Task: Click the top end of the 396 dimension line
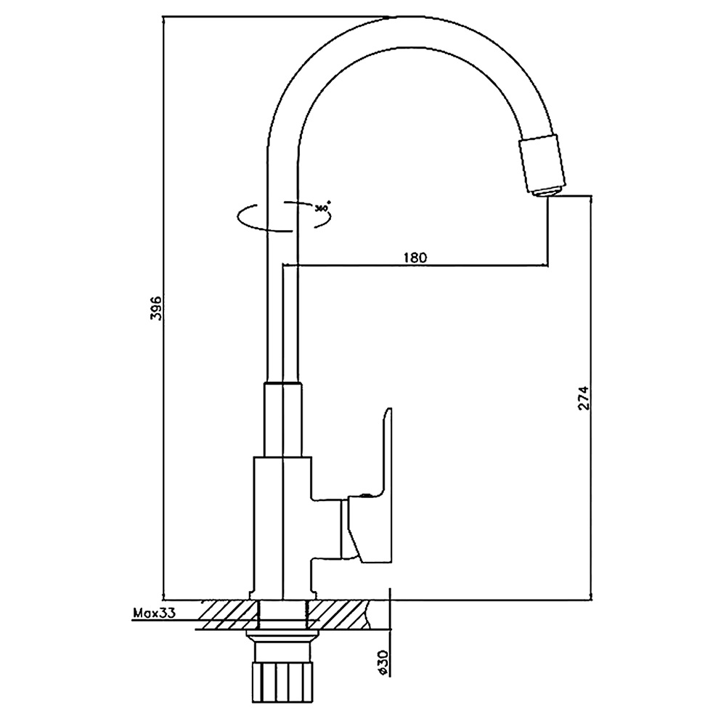pos(164,17)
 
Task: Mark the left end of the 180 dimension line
pos(283,266)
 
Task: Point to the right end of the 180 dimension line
pos(549,266)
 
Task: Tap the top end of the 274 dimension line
pos(591,196)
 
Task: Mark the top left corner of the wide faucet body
pos(253,457)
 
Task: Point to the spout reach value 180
pos(415,258)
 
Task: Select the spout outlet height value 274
pos(584,397)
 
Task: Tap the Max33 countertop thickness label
pos(155,613)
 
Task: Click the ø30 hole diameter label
pos(383,663)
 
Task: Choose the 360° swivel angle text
pos(322,207)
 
